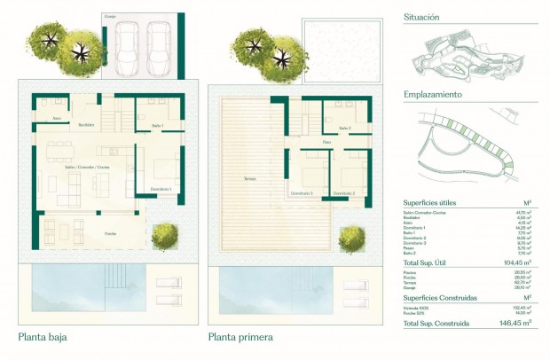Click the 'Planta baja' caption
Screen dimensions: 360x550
point(43,337)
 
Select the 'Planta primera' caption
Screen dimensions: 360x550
point(240,337)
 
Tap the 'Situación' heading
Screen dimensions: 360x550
point(421,17)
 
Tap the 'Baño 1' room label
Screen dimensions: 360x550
point(156,127)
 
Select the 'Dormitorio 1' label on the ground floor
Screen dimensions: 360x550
point(161,189)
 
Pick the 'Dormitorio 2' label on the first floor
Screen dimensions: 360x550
point(342,192)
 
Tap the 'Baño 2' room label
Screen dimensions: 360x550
point(344,128)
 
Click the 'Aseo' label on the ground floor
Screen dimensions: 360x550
point(57,117)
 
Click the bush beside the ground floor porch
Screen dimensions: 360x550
point(163,236)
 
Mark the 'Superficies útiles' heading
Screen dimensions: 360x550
point(430,203)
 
